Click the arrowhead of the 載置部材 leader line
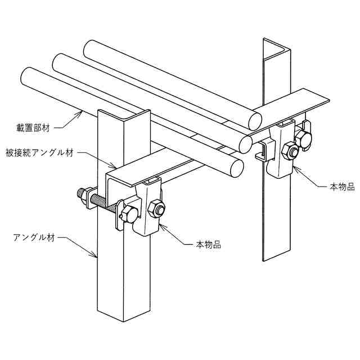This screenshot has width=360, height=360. pyautogui.click(x=83, y=112)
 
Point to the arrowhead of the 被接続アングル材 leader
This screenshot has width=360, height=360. pyautogui.click(x=115, y=167)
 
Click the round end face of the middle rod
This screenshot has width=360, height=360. pyautogui.click(x=245, y=143)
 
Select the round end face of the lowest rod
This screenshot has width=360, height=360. pyautogui.click(x=236, y=166)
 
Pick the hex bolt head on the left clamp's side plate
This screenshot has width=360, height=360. pyautogui.click(x=128, y=214)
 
